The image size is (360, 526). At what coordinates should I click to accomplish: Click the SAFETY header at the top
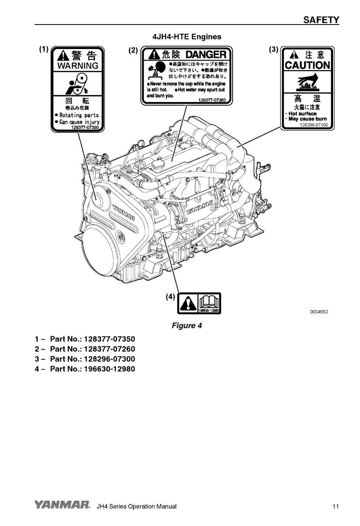coord(321,20)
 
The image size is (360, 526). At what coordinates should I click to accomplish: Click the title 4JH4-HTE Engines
coord(187,37)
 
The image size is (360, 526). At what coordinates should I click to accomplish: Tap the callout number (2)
coord(133,50)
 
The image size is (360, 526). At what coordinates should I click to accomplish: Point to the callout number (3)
coord(274,49)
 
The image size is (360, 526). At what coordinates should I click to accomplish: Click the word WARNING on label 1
coord(78,66)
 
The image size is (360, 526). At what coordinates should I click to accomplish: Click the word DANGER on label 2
coord(206,54)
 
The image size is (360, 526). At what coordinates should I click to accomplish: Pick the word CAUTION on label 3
coord(307,65)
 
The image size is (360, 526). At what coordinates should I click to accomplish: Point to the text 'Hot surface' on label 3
coord(303,114)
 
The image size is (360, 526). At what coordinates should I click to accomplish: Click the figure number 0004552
coord(319,312)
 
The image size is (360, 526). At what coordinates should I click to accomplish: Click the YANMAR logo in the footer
coord(63,506)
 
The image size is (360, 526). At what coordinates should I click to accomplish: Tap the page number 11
coord(335,507)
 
